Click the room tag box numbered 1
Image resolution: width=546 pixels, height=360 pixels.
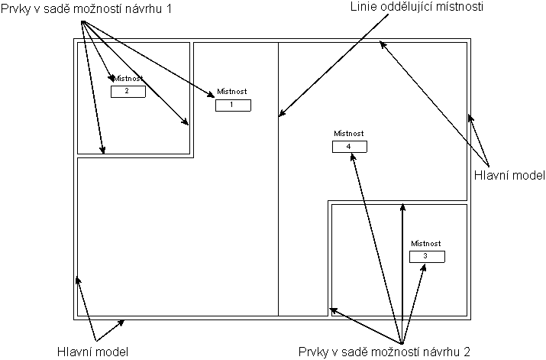click(x=233, y=105)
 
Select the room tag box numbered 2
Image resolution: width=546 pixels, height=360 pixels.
click(x=128, y=92)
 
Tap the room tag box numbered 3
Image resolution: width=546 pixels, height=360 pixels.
click(x=426, y=257)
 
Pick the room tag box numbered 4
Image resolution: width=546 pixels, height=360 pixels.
click(x=349, y=147)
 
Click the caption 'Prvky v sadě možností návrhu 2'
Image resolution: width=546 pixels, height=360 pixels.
click(x=383, y=352)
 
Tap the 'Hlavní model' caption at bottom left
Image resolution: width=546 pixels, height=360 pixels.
click(x=92, y=352)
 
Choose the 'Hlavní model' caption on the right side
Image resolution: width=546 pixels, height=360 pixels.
click(x=514, y=175)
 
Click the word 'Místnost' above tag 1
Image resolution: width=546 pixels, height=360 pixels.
click(x=232, y=92)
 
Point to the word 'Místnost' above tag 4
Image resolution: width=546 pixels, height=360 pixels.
click(x=349, y=133)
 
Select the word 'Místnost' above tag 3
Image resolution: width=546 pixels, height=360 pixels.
click(x=426, y=243)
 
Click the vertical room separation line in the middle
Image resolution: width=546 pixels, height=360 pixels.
click(x=278, y=229)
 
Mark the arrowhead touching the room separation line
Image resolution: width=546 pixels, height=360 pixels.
click(x=281, y=115)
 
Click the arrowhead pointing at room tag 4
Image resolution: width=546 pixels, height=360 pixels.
click(x=354, y=156)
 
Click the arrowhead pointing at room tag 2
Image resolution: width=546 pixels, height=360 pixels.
click(x=113, y=79)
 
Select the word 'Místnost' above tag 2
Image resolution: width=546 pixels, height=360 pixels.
click(x=128, y=79)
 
